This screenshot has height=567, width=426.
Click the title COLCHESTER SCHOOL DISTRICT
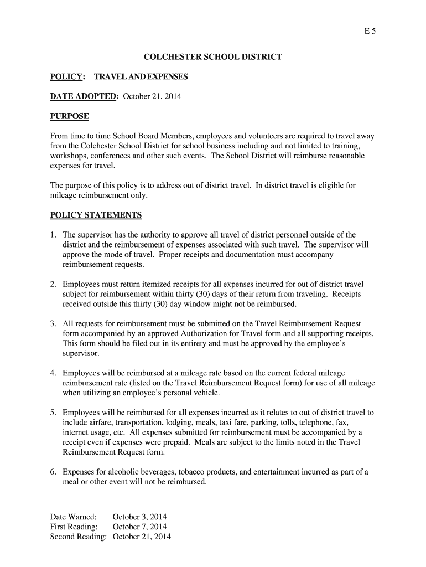point(213,57)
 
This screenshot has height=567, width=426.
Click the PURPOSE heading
point(69,116)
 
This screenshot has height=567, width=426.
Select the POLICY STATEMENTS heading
point(96,215)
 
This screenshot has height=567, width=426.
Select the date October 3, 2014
point(139,517)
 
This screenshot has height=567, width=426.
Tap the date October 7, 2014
point(139,527)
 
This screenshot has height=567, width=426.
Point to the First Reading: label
point(74,527)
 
